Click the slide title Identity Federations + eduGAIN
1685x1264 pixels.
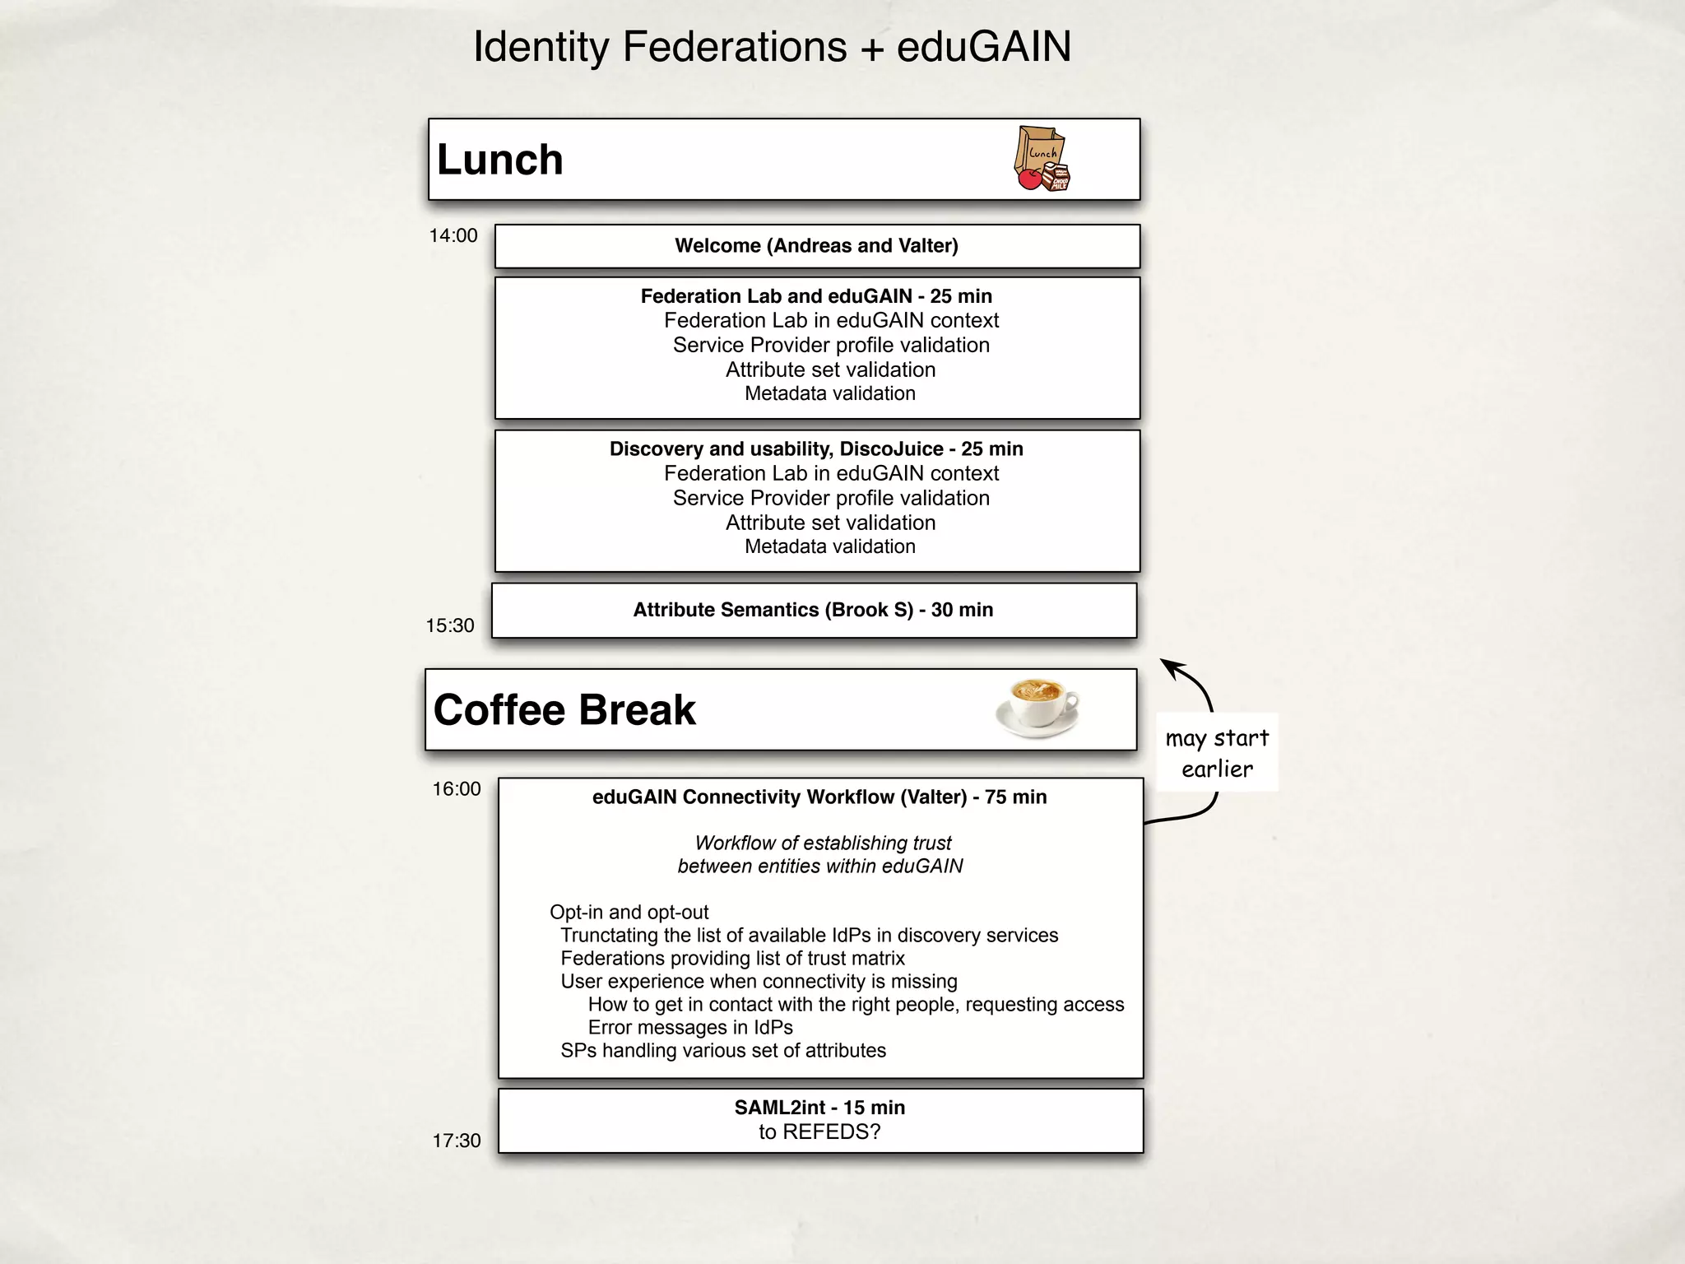click(x=772, y=47)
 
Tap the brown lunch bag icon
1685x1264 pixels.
click(x=1041, y=158)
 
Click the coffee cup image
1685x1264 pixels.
click(x=1037, y=708)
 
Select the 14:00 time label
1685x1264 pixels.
click(x=453, y=236)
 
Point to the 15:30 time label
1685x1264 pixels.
click(x=450, y=626)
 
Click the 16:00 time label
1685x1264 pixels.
click(x=457, y=789)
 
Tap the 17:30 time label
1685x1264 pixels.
click(x=457, y=1141)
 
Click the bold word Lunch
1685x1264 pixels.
click(x=499, y=160)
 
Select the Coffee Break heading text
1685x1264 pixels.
click(x=564, y=710)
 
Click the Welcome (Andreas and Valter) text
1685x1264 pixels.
click(x=816, y=246)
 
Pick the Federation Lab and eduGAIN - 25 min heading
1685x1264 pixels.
click(x=816, y=296)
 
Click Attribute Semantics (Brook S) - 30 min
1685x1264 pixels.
click(x=813, y=610)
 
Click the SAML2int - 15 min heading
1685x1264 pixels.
click(x=819, y=1108)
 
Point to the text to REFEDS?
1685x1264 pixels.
click(x=819, y=1132)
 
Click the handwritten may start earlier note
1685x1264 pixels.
click(x=1217, y=753)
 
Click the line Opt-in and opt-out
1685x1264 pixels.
click(x=629, y=913)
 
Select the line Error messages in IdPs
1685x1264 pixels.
click(x=690, y=1028)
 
